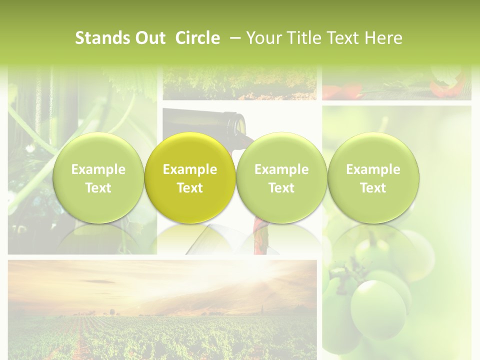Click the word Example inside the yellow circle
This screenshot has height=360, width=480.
(x=190, y=169)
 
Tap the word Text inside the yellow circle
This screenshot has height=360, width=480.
(x=190, y=188)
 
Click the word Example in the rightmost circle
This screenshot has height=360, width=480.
(x=373, y=169)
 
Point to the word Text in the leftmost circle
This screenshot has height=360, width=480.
(x=98, y=188)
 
